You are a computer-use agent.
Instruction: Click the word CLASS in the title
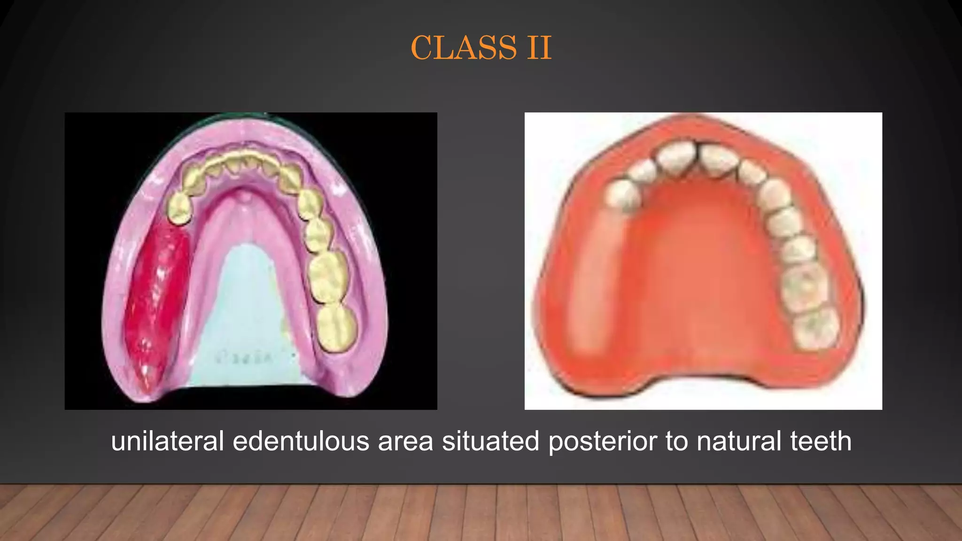(x=464, y=48)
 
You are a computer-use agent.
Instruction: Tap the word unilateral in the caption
(x=167, y=441)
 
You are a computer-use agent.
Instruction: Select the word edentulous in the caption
(x=301, y=441)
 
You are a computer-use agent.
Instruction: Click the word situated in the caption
(x=490, y=441)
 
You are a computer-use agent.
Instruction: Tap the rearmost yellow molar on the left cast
(x=336, y=328)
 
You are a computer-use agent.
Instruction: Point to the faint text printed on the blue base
(x=243, y=358)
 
